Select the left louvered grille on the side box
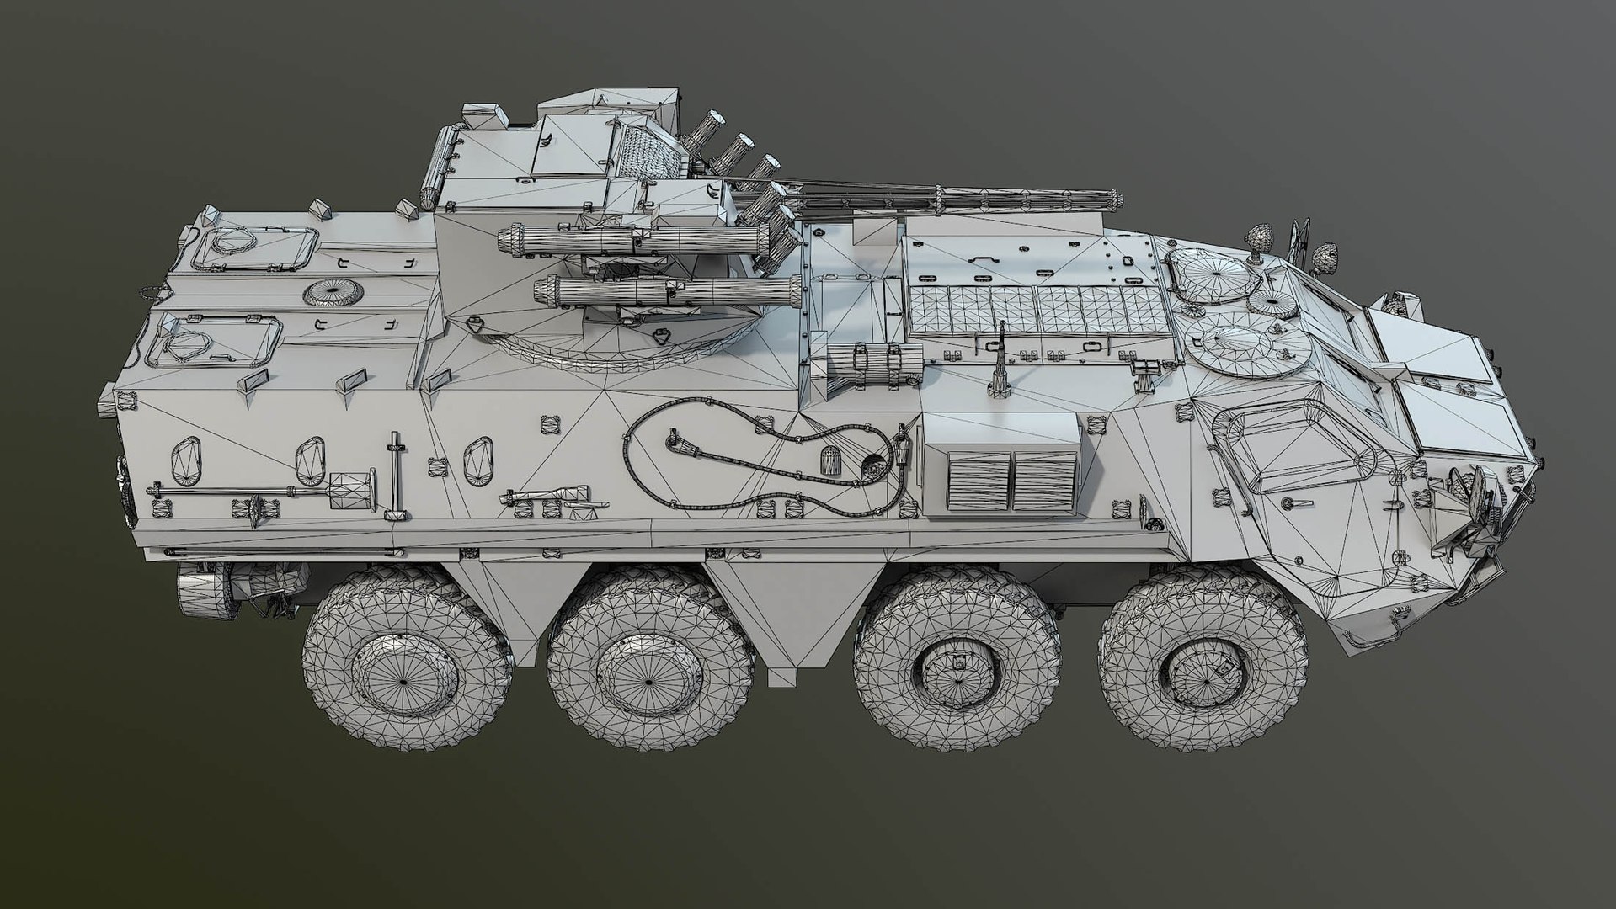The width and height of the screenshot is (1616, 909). pos(979,481)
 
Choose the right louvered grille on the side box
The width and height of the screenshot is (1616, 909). pos(1043,479)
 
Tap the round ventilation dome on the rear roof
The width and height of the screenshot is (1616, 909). pos(333,293)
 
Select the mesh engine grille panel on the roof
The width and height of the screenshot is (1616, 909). pos(1037,311)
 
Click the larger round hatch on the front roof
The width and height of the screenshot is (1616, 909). pos(1249,348)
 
